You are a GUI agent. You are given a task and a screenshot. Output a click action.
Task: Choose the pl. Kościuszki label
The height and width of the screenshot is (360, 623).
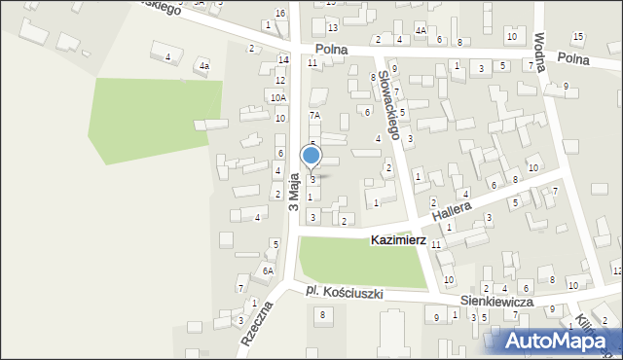point(344,292)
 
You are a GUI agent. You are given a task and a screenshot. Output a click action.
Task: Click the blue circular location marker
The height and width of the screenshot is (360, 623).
point(311,156)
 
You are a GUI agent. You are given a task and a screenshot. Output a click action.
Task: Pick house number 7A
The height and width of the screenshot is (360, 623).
point(314,115)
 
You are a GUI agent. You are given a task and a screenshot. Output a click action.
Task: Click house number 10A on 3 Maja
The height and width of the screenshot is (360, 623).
point(278,97)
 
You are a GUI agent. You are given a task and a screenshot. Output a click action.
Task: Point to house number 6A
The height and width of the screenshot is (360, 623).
point(268,270)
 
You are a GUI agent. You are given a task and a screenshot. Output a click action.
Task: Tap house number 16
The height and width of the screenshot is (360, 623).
point(280,13)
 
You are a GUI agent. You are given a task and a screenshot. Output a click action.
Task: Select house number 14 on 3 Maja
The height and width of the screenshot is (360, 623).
point(282,59)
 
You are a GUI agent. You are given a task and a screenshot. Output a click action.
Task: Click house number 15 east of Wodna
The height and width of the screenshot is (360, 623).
point(578,37)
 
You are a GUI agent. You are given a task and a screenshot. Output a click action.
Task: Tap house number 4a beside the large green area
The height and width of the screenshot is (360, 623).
point(203,66)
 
